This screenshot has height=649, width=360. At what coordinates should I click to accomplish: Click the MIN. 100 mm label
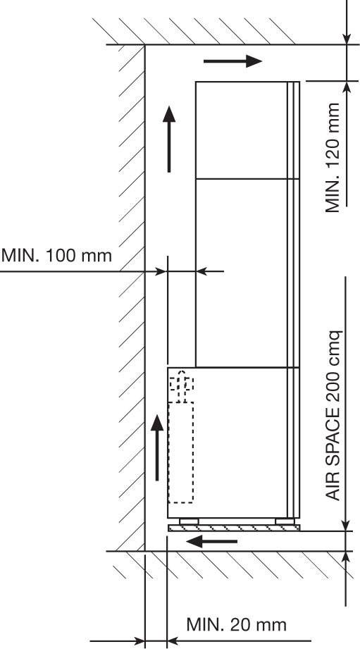56,255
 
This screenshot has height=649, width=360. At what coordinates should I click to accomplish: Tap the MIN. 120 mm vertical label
333,158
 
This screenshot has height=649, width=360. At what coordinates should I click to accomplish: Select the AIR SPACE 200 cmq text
333,415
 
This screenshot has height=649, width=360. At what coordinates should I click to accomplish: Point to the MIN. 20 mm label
236,624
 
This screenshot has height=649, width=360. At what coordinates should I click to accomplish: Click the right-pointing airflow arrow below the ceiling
232,61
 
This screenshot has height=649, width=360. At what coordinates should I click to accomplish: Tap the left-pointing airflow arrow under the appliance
211,541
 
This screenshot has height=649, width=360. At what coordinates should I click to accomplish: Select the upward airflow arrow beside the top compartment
169,139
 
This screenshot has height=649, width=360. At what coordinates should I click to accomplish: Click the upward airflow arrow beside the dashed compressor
157,448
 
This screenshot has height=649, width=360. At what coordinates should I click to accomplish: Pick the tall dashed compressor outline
181,452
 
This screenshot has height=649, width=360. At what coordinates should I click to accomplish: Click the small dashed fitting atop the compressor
181,385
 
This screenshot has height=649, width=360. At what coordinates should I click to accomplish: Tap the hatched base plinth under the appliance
234,528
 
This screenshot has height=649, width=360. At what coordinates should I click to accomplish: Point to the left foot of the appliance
189,521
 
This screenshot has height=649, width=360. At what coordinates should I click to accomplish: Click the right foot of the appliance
285,521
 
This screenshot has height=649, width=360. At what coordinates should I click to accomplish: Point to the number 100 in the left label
61,255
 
